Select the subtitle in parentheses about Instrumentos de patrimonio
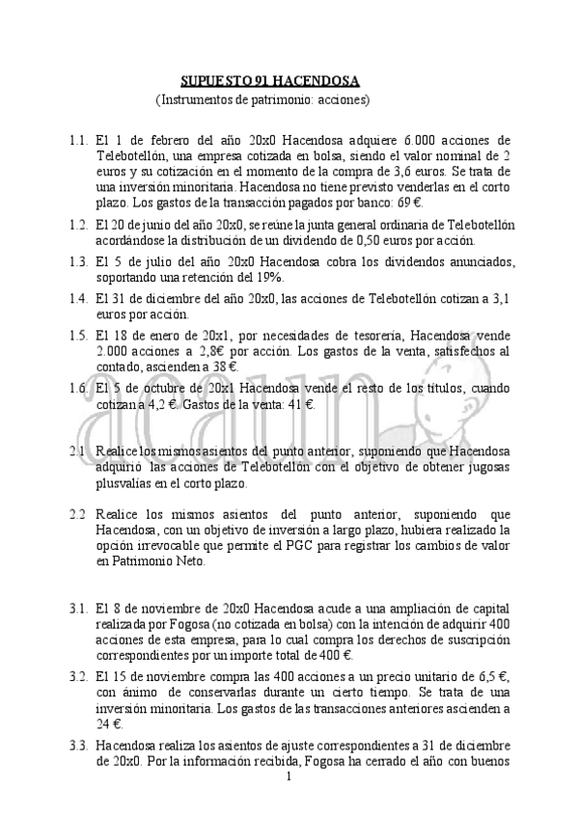pyautogui.click(x=262, y=99)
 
